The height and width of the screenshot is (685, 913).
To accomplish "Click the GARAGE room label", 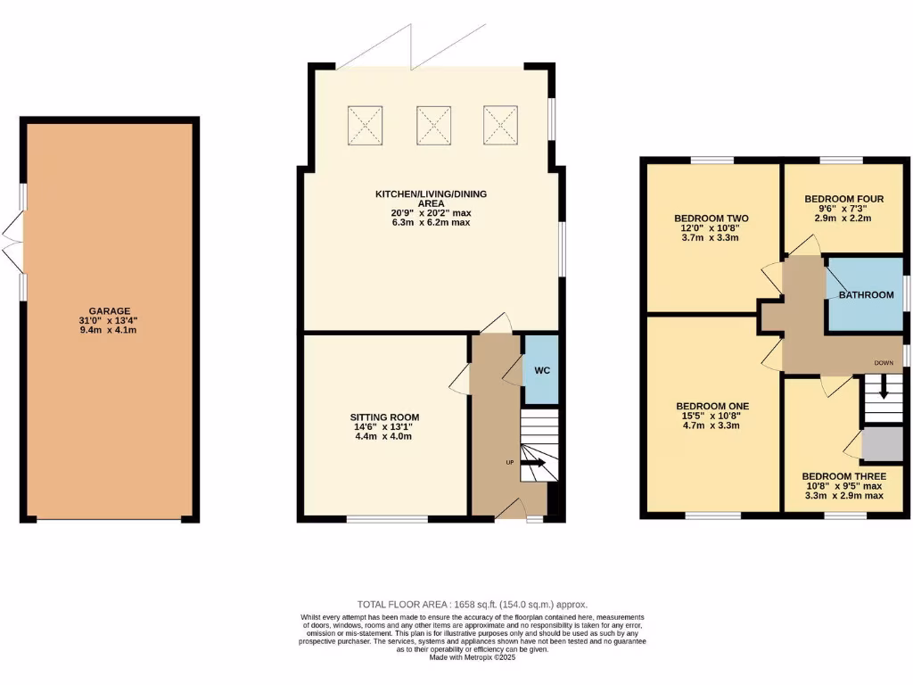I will pyautogui.click(x=109, y=311).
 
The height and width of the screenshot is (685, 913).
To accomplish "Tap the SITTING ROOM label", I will pyautogui.click(x=384, y=417).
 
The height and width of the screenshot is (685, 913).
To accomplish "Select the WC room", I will pyautogui.click(x=540, y=369).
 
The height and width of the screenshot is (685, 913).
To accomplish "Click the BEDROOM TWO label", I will pyautogui.click(x=711, y=219).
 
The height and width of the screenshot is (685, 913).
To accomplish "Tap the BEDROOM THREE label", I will pyautogui.click(x=843, y=476).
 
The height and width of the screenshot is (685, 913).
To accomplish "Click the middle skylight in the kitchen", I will pyautogui.click(x=432, y=124).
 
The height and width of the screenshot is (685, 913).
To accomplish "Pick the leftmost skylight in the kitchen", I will pyautogui.click(x=364, y=124).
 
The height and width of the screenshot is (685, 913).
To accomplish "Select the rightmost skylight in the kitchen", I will pyautogui.click(x=500, y=124).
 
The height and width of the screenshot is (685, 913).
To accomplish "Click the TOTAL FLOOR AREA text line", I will pyautogui.click(x=473, y=604).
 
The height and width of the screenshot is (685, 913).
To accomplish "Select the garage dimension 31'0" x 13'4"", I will pyautogui.click(x=109, y=321).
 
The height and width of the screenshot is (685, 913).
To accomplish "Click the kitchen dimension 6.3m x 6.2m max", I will pyautogui.click(x=430, y=222).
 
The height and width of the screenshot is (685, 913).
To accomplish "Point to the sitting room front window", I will pyautogui.click(x=374, y=518).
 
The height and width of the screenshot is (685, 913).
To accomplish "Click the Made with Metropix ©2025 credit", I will pyautogui.click(x=473, y=657).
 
